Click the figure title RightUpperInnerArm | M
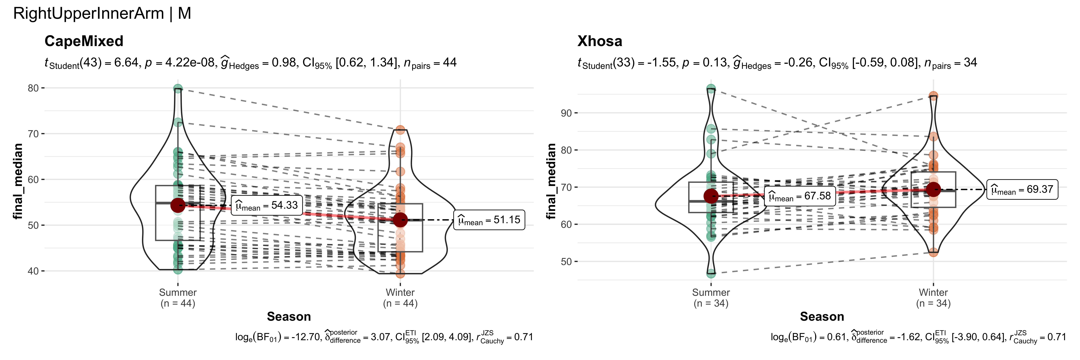click(102, 14)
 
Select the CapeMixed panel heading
click(84, 41)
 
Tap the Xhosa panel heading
click(600, 41)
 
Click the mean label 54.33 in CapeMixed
click(267, 205)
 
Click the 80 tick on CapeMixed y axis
click(33, 88)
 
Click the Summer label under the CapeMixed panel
click(178, 292)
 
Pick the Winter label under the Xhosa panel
click(933, 292)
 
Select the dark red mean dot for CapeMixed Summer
click(178, 205)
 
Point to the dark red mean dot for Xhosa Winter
click(933, 189)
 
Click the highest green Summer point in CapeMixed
click(178, 88)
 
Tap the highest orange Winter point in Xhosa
click(933, 96)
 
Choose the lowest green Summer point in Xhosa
click(711, 274)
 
